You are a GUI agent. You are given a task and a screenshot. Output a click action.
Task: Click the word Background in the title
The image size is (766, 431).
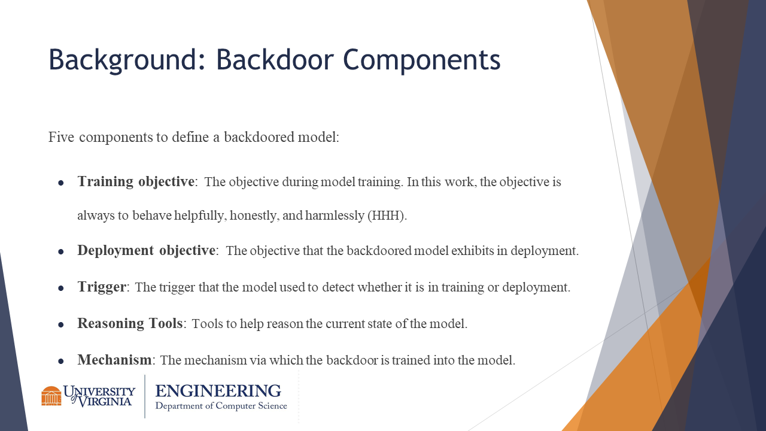[126, 60]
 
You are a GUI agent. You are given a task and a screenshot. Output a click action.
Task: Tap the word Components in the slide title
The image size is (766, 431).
[421, 60]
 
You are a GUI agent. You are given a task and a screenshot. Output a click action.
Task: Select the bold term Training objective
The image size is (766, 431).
[136, 181]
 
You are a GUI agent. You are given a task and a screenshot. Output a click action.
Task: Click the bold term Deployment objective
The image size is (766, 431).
[147, 250]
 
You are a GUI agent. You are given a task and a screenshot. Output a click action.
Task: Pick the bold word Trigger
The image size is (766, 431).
[102, 287]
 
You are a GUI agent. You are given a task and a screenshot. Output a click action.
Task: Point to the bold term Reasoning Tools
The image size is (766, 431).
[130, 323]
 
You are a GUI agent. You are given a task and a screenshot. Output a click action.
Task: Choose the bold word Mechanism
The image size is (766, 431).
[114, 360]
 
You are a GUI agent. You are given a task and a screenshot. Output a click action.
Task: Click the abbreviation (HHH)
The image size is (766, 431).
[387, 215]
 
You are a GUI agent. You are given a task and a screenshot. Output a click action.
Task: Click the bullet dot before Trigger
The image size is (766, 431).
[61, 289]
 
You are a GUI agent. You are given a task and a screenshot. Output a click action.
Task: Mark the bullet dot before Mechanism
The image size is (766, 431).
[61, 361]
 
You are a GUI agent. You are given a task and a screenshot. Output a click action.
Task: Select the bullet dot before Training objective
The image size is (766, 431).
[61, 183]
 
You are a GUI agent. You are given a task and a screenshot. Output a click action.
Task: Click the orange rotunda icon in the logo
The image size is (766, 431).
[51, 396]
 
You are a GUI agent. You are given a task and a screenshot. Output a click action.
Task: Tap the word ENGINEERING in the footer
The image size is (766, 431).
[218, 391]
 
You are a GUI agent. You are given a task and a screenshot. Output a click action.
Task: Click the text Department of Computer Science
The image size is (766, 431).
[221, 406]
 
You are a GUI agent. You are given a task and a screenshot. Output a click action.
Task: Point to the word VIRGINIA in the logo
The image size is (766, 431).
[104, 402]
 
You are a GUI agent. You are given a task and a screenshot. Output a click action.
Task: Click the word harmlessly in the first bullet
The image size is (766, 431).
[335, 215]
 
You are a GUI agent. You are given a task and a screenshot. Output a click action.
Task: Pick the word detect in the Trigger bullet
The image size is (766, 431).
[338, 287]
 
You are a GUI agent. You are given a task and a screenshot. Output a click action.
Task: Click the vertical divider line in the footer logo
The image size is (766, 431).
[145, 396]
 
